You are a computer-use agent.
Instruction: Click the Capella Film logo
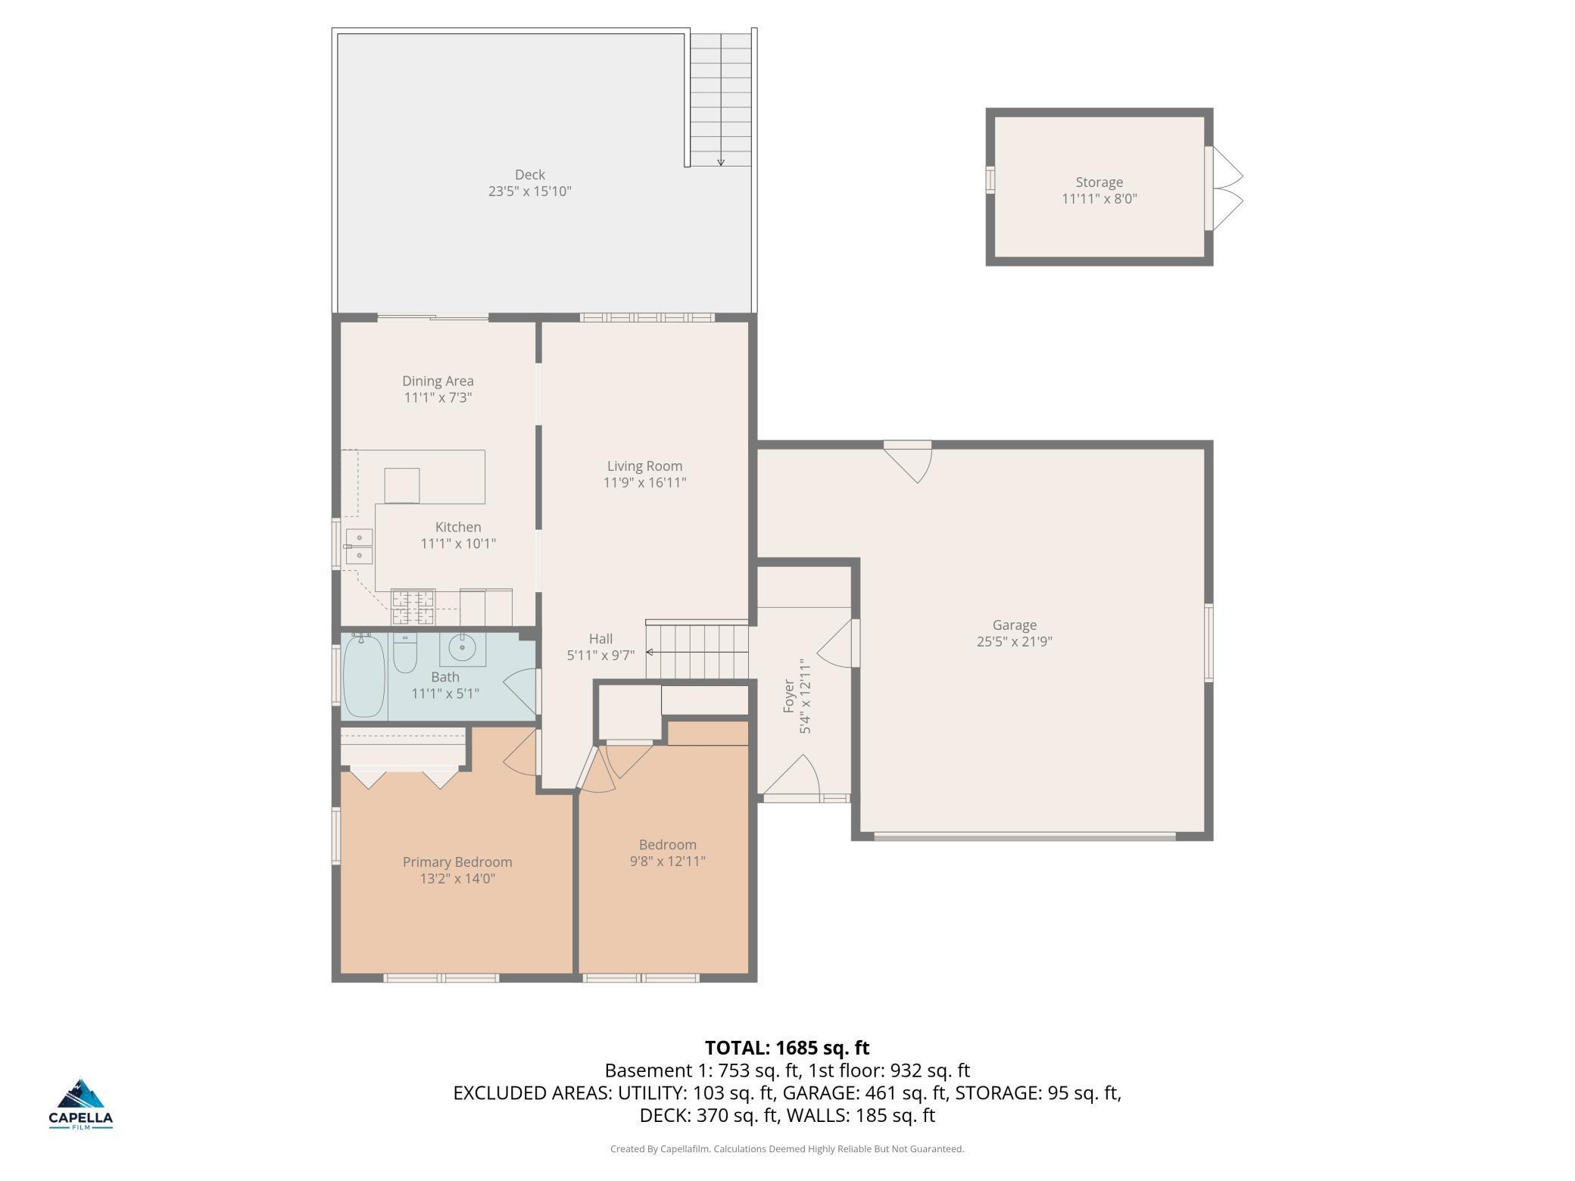[x=81, y=1105]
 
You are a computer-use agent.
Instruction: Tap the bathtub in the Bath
[x=364, y=676]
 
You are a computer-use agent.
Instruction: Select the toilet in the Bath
[x=405, y=654]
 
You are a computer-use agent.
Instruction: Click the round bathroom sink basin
[x=462, y=648]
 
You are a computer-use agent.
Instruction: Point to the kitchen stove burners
[x=413, y=607]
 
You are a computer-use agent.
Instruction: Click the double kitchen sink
[x=358, y=547]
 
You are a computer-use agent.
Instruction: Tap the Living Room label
[x=644, y=466]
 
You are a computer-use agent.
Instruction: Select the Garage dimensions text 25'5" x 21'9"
[x=1015, y=642]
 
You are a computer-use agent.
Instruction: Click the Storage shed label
[x=1099, y=182]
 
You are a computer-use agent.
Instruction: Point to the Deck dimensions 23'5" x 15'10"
[x=530, y=192]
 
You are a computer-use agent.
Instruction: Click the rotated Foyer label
[x=788, y=696]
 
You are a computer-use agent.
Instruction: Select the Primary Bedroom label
[x=457, y=862]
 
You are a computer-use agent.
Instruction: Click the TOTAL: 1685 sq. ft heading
[x=787, y=1048]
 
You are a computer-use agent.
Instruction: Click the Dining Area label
[x=438, y=381]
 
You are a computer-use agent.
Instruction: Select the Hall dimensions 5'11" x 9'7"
[x=600, y=656]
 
